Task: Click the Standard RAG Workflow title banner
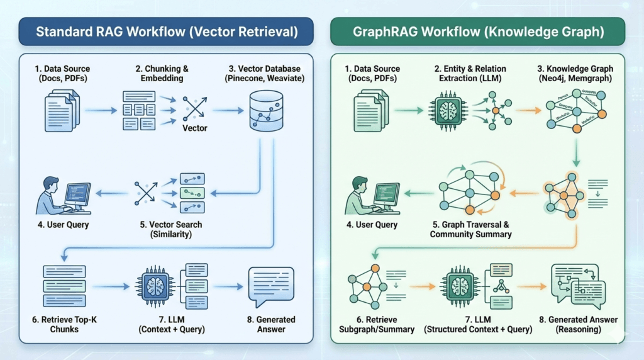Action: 167,31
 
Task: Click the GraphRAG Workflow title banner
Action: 477,31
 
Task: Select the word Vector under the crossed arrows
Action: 194,128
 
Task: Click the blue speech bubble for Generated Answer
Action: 270,284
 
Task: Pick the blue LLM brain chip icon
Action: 154,286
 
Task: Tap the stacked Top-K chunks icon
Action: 64,286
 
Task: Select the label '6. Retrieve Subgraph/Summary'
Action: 380,325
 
